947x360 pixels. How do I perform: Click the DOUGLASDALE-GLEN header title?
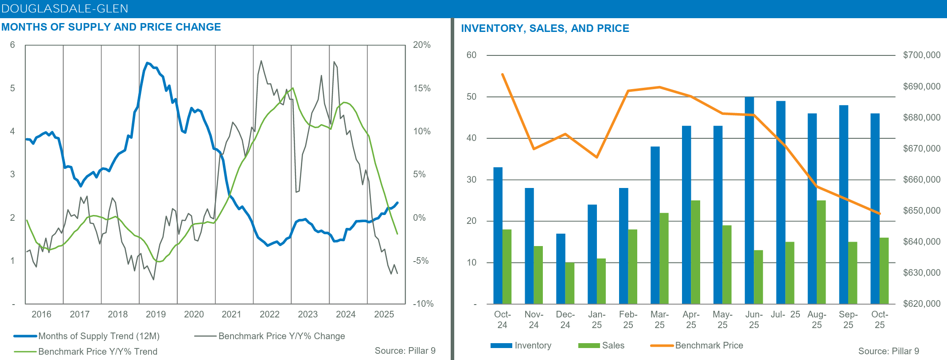click(65, 8)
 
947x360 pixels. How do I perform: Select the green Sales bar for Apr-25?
click(696, 252)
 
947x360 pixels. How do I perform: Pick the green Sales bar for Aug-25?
click(821, 252)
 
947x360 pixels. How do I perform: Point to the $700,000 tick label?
click(921, 55)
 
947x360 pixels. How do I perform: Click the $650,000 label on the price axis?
click(921, 211)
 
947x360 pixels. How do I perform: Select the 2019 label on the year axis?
click(156, 314)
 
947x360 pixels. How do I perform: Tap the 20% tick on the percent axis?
click(421, 45)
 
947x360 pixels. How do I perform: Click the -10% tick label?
click(423, 304)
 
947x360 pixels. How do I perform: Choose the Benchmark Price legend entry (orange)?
click(709, 345)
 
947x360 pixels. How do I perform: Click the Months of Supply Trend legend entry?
click(98, 336)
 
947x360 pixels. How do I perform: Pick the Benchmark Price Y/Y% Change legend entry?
click(281, 336)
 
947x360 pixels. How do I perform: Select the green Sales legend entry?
click(613, 345)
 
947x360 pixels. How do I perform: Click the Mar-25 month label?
click(659, 320)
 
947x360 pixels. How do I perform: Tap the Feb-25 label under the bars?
click(628, 320)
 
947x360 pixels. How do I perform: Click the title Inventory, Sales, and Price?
click(545, 28)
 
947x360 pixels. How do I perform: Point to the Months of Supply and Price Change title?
click(111, 27)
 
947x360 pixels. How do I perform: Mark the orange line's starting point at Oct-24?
click(503, 74)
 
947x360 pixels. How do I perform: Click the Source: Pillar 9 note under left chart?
click(405, 351)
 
